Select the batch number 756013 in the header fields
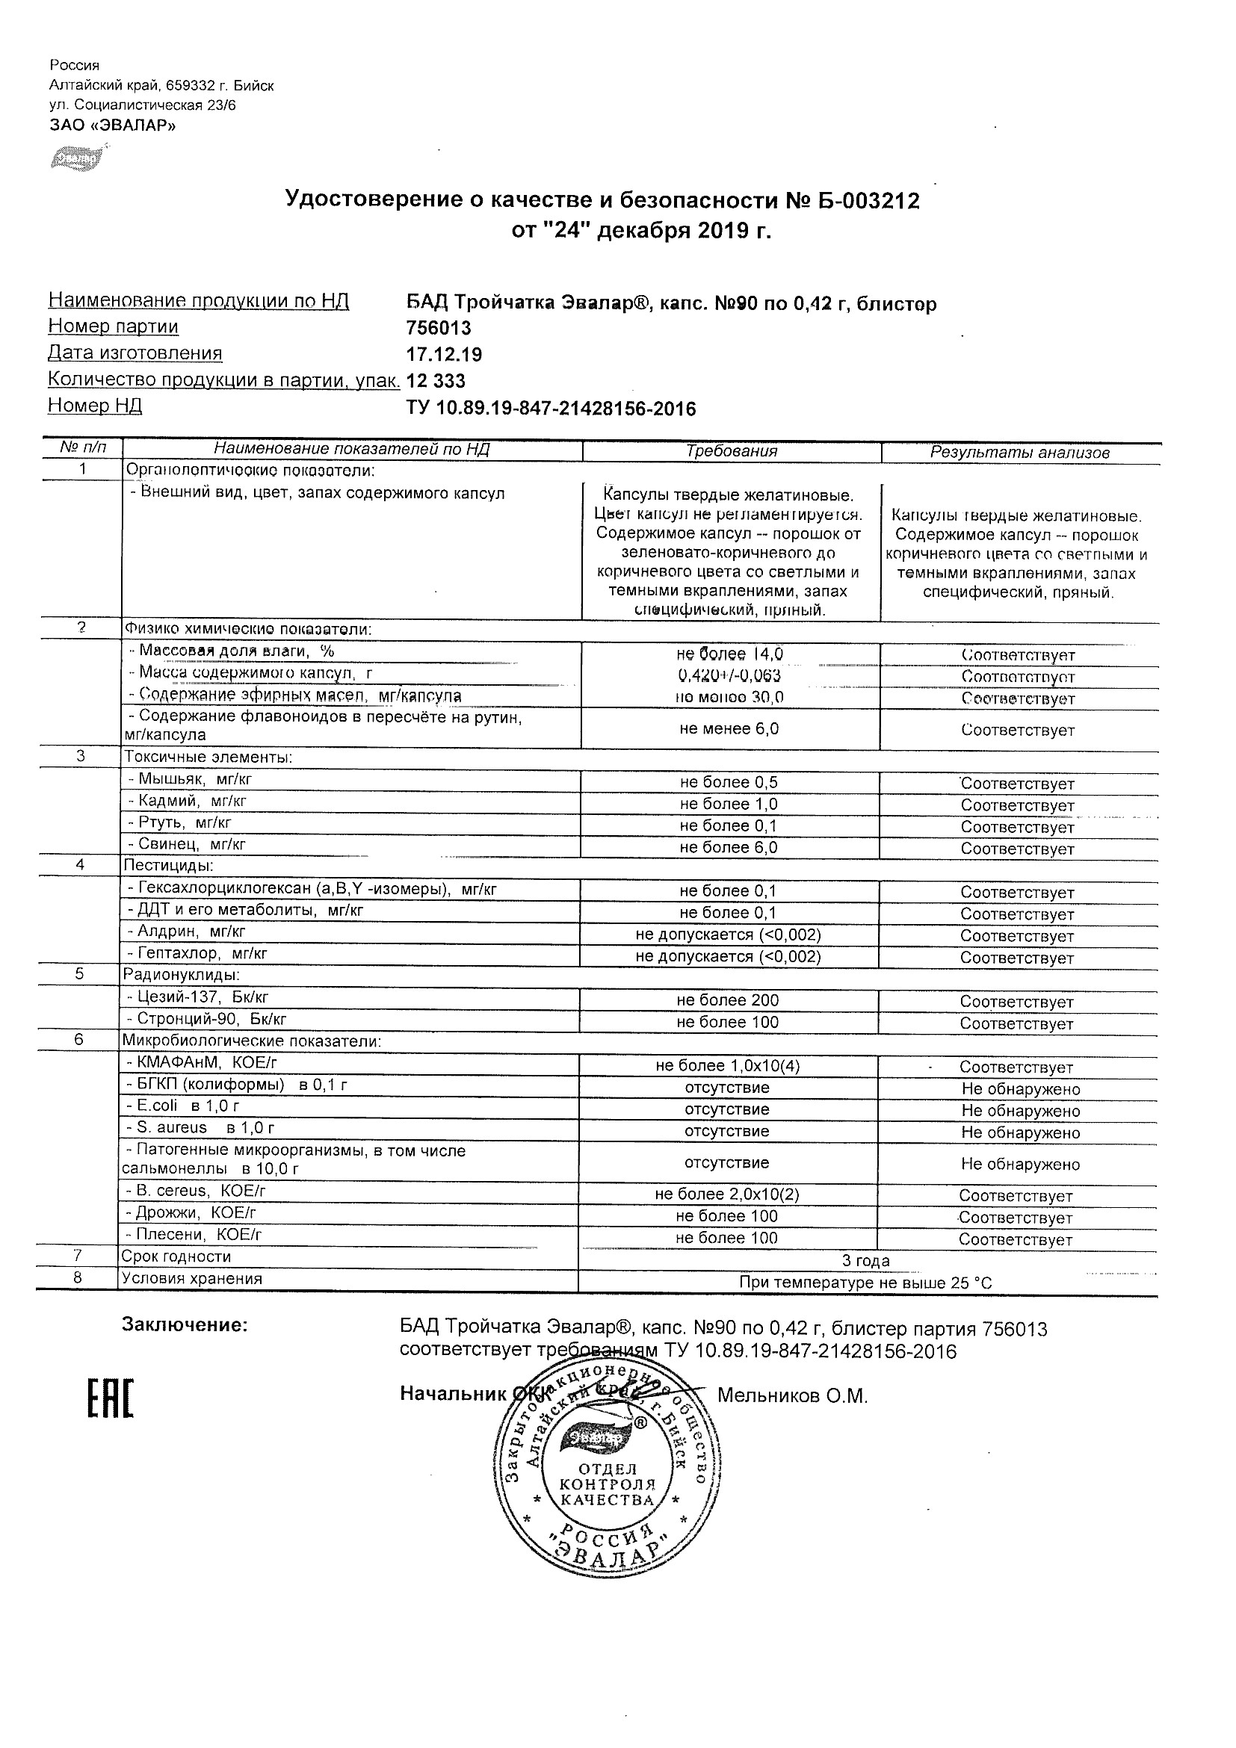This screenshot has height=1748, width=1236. coord(439,328)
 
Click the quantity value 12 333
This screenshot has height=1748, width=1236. coord(436,381)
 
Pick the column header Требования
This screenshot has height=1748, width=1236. coord(731,450)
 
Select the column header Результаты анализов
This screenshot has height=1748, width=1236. coord(1019,452)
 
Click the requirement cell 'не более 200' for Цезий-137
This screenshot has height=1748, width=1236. coord(727,1000)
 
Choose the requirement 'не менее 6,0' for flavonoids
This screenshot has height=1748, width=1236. coord(729,728)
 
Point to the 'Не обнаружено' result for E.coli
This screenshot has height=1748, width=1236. coord(1020,1111)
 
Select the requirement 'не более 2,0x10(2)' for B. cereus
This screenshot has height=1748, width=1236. coord(727,1194)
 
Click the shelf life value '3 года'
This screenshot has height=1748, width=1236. coord(866,1261)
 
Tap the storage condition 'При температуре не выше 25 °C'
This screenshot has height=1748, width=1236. coord(866,1283)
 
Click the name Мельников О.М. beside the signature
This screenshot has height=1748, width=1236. coord(792,1395)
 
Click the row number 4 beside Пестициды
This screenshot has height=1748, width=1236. coord(79,865)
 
